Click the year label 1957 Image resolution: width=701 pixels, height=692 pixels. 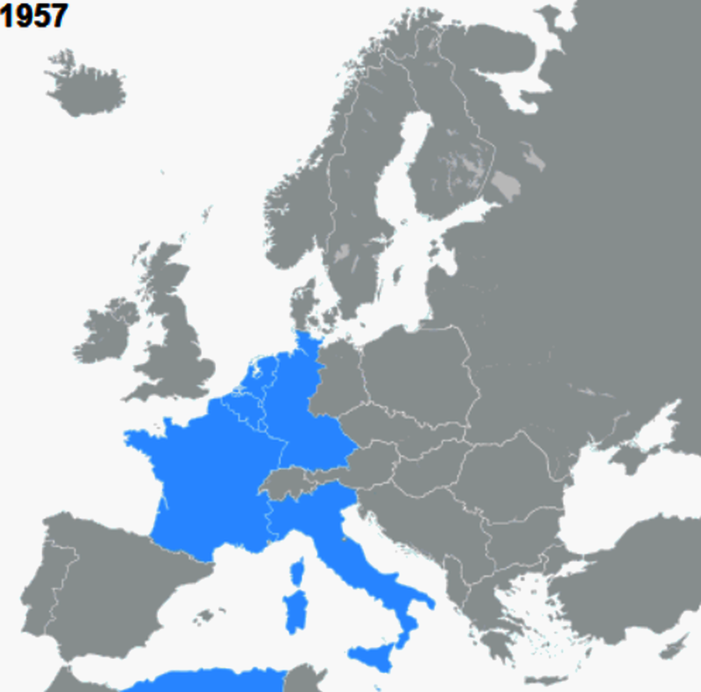tap(34, 16)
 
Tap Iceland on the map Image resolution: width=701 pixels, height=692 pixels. tap(85, 88)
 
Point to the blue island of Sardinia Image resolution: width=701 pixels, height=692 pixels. tap(296, 611)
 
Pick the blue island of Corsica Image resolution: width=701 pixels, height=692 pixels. tap(298, 572)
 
